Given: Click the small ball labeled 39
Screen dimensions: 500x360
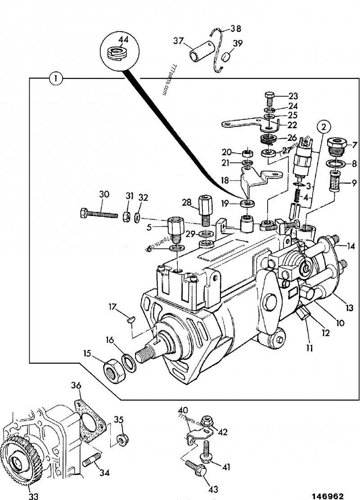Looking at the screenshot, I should click(x=227, y=59).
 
